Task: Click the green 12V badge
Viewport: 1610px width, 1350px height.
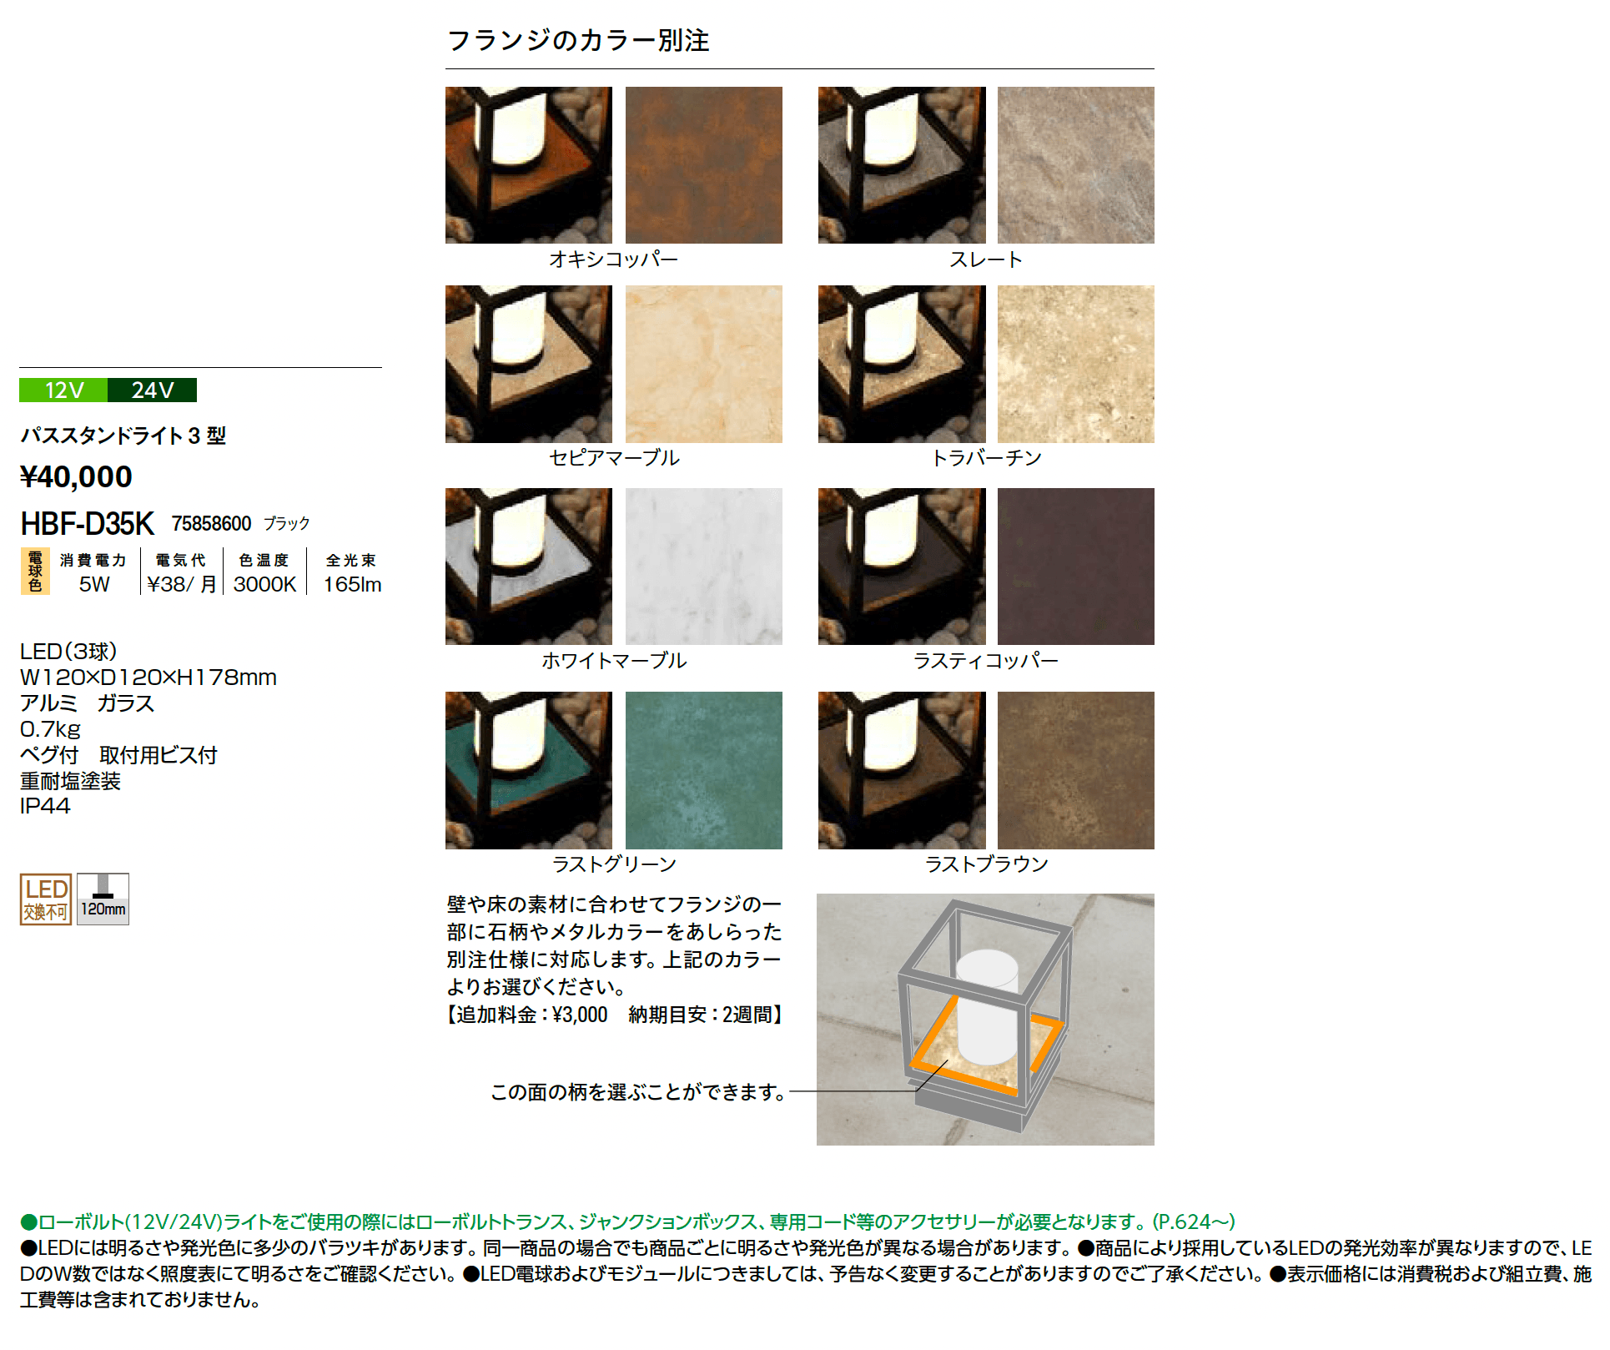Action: pos(63,390)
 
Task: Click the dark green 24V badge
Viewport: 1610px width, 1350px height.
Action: pos(153,390)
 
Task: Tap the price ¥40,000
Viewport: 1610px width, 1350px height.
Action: pos(76,476)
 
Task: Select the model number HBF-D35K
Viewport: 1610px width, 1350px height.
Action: pos(87,524)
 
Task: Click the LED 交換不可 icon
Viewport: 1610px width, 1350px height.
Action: pos(46,899)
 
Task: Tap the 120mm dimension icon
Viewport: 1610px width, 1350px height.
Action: pos(103,899)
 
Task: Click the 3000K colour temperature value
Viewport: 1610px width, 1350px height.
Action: pos(264,584)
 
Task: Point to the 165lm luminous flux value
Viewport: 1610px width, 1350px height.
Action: pos(352,584)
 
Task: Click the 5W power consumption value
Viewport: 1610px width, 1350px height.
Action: pos(94,584)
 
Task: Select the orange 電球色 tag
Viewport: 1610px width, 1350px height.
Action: pos(35,571)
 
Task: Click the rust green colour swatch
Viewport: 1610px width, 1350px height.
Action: pos(703,770)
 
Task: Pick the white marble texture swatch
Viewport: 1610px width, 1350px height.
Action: pos(703,567)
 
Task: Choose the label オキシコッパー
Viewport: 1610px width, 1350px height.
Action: pos(613,259)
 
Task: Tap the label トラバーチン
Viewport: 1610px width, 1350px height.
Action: pos(986,458)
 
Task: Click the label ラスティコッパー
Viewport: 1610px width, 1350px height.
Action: pos(985,661)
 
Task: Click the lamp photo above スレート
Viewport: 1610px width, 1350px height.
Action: pos(902,165)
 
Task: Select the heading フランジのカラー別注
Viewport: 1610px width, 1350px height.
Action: pos(578,40)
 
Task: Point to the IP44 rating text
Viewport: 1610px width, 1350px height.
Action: pos(45,806)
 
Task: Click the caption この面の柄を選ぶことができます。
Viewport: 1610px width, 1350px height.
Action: pos(637,1092)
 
